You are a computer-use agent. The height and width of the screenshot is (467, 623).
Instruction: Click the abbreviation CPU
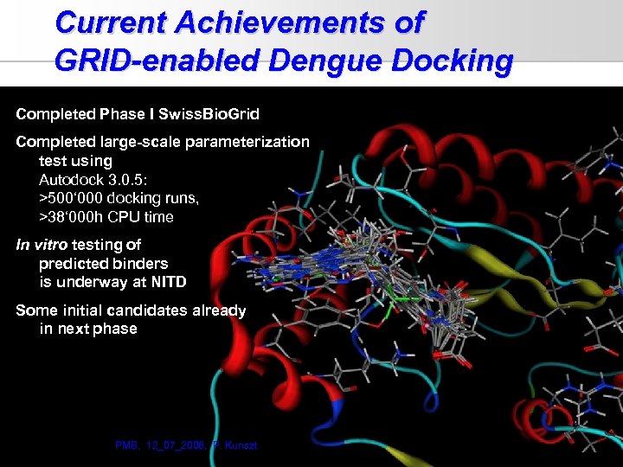point(125,217)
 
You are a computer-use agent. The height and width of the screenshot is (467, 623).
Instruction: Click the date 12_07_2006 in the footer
point(175,445)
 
